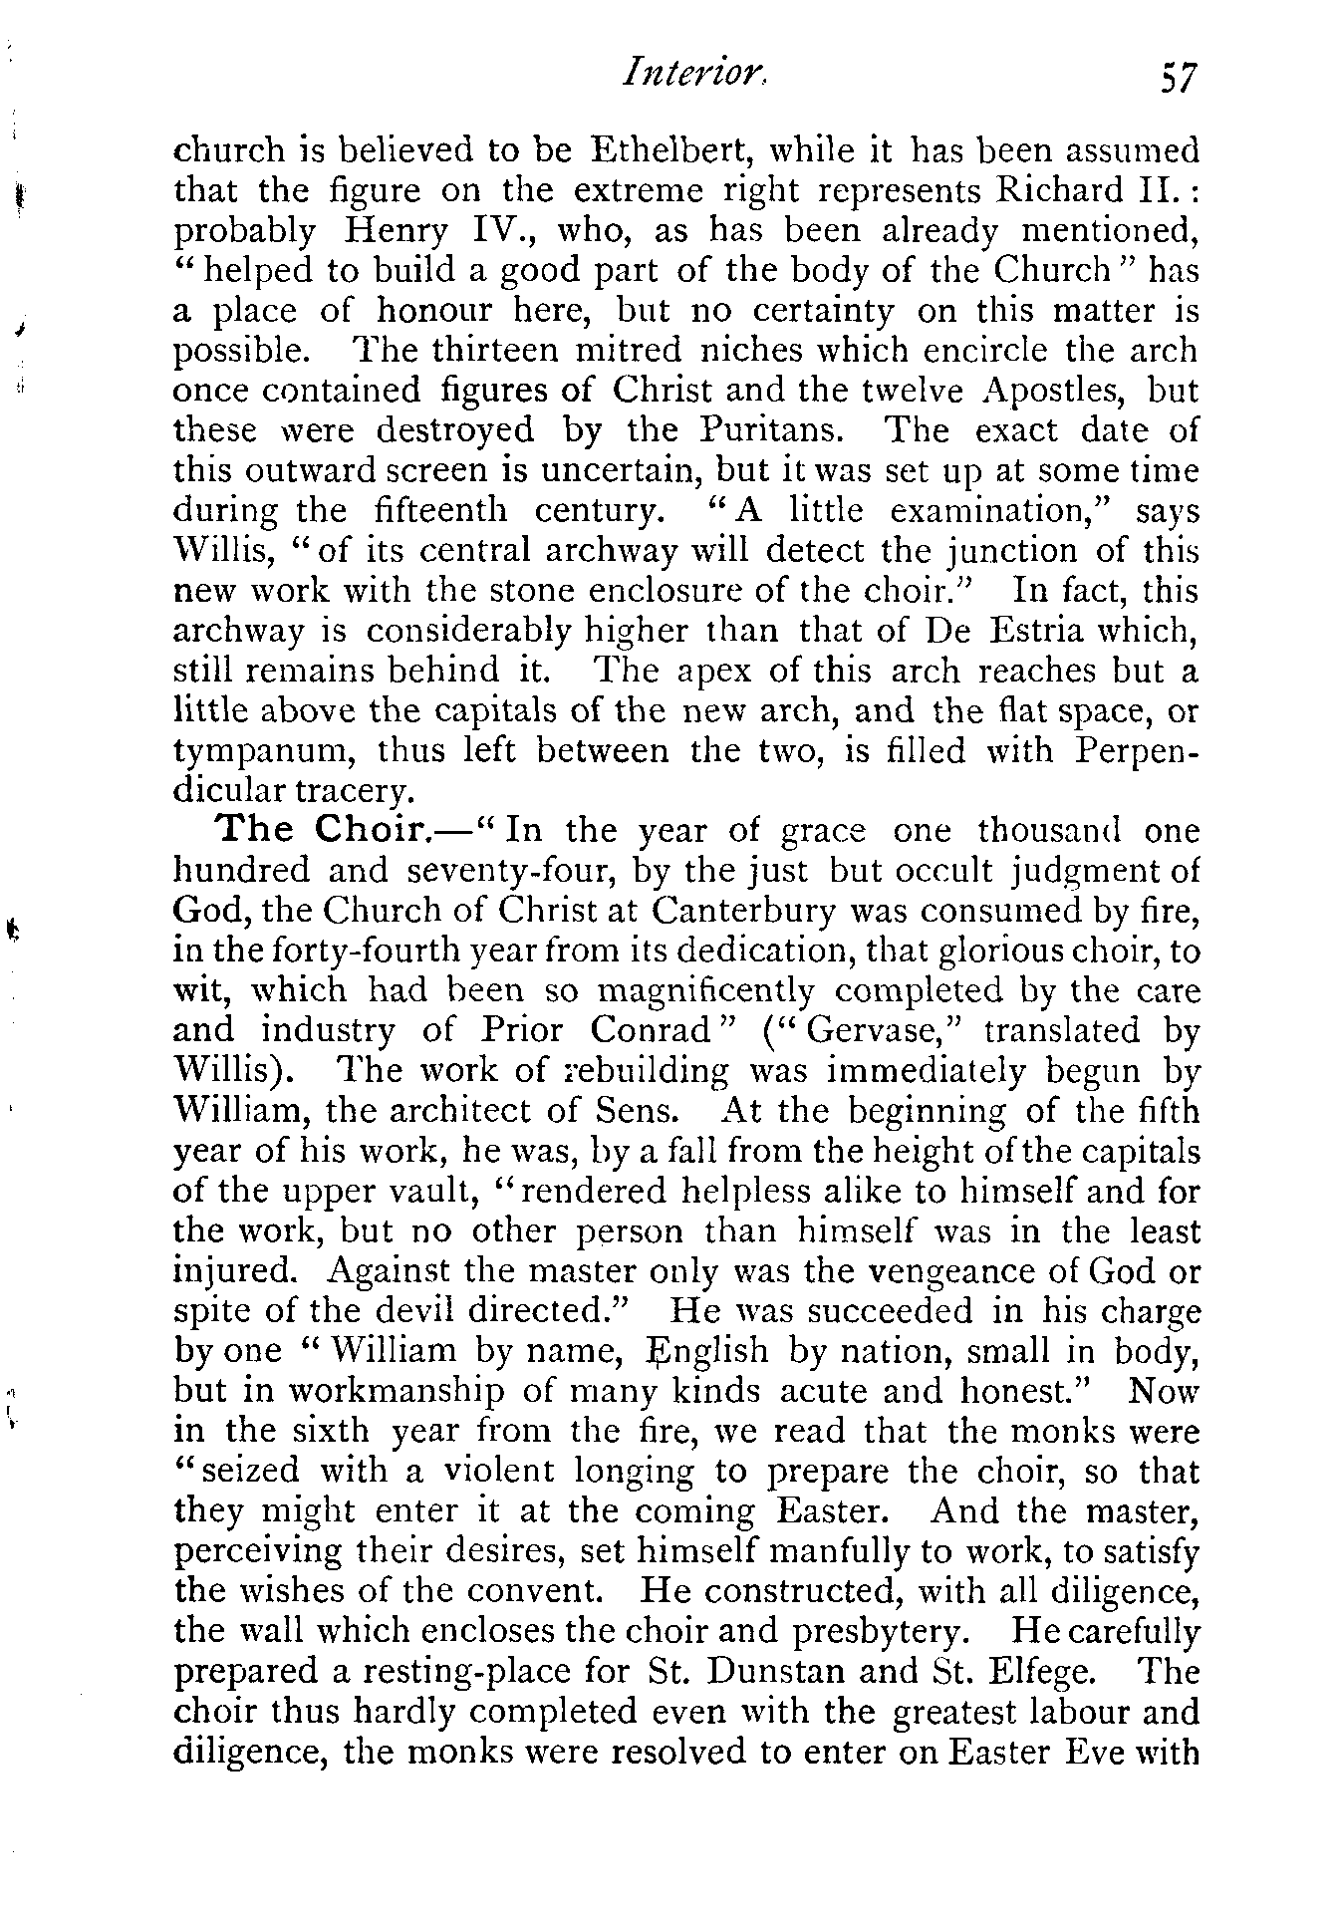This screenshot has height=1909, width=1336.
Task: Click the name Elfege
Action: (x=1051, y=1672)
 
